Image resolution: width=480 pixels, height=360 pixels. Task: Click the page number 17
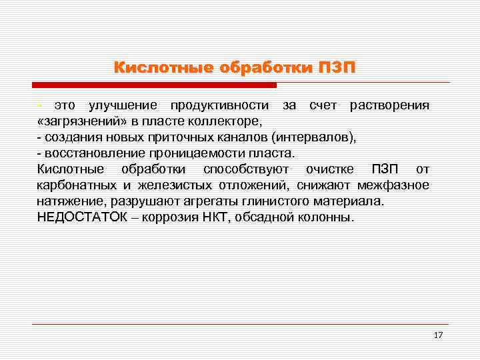[438, 335]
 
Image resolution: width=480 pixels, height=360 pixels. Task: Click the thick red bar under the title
[154, 85]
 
